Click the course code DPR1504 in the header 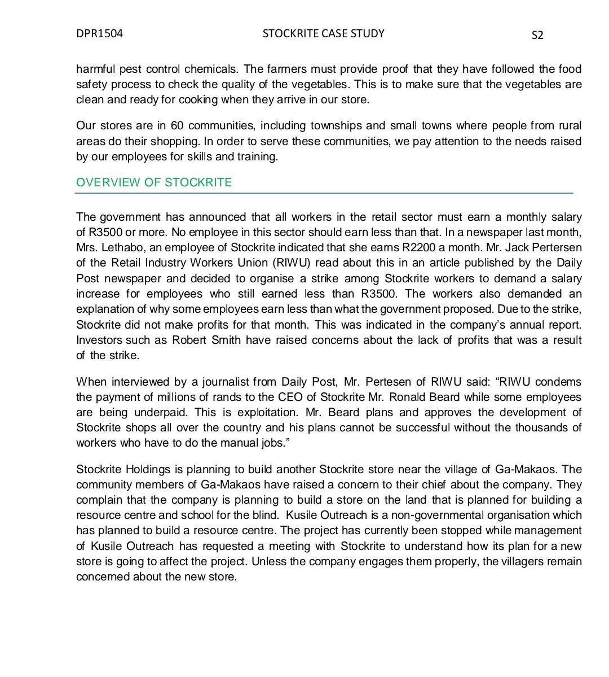[x=99, y=33]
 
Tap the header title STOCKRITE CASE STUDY [x=323, y=33]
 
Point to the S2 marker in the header [x=537, y=35]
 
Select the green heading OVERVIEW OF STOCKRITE [x=154, y=182]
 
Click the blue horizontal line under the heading [x=324, y=193]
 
